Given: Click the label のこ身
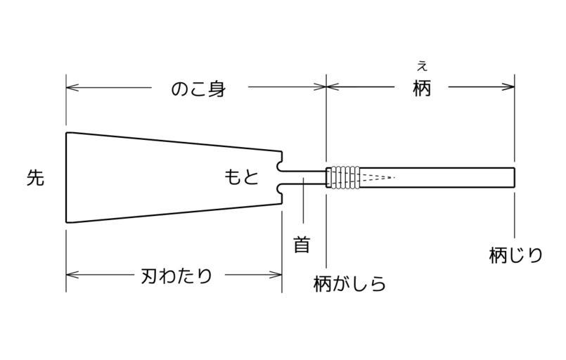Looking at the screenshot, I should point(199,89).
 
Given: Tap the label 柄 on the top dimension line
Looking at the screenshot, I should point(422,89).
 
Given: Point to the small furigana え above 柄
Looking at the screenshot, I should point(422,67).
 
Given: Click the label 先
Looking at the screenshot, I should point(35,178).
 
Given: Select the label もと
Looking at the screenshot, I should point(241,177).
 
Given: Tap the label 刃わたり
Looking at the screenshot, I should point(176,276).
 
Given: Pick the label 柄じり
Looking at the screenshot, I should point(516,255).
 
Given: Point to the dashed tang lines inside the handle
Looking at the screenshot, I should point(378,177).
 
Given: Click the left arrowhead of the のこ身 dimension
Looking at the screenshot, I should point(70,87).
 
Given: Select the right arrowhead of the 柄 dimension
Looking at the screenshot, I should point(510,87).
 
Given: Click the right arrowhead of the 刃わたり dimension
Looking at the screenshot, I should point(278,275).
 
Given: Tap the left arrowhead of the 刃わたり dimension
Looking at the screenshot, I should point(70,275).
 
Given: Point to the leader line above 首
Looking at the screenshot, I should point(303,204).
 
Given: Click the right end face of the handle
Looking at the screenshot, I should point(515,178).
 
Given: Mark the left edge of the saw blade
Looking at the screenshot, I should point(66,177).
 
